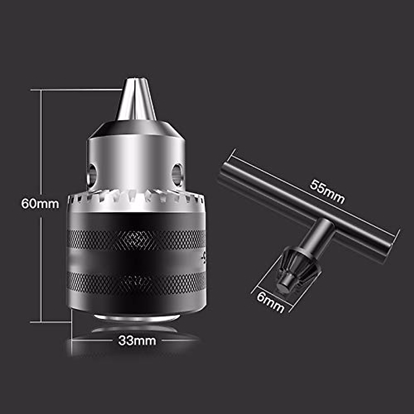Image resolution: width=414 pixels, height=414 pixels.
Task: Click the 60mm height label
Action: [40, 203]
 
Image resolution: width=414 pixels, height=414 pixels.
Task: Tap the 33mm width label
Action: [137, 341]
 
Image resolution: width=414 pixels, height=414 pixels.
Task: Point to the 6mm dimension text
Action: [270, 303]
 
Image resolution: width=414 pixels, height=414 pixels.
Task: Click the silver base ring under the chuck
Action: [137, 317]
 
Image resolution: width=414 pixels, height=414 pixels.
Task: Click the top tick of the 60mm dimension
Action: [76, 90]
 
